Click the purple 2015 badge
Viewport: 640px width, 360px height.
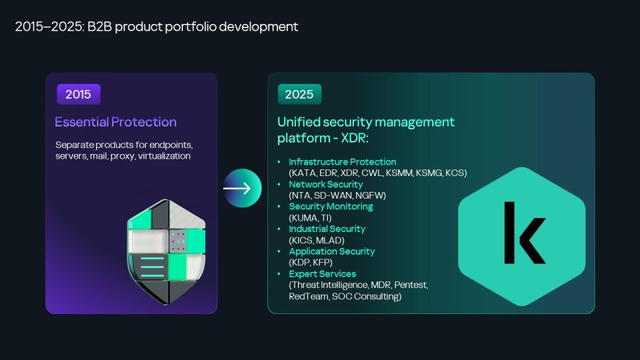[79, 94]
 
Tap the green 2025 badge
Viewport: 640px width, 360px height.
[299, 94]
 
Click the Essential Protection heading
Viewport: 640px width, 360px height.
[115, 122]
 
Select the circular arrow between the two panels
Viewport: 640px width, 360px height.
[242, 188]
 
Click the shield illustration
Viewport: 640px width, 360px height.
[167, 252]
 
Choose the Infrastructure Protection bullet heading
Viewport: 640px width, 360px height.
[343, 161]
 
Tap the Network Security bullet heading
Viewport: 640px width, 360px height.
[326, 184]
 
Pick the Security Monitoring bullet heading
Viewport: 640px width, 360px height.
[331, 207]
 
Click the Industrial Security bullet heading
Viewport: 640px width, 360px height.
[327, 229]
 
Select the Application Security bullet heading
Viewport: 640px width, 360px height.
[332, 251]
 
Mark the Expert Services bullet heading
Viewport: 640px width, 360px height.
[323, 274]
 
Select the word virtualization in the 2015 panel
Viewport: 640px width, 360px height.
[164, 156]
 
